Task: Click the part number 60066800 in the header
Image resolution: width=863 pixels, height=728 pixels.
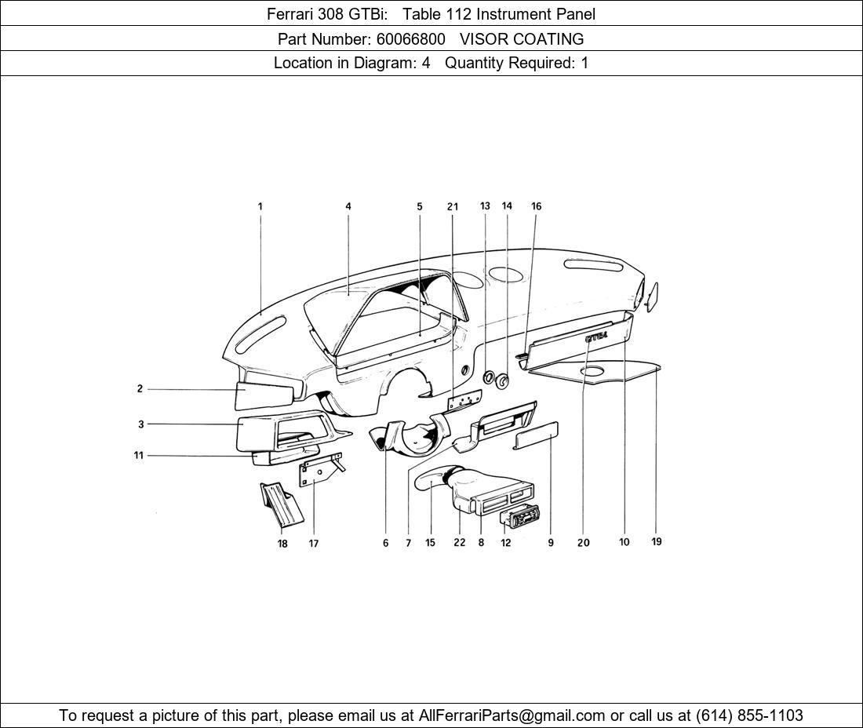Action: point(408,38)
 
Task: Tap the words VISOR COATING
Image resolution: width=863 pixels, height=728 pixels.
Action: point(522,38)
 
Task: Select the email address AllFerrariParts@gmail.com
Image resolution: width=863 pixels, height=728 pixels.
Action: point(512,715)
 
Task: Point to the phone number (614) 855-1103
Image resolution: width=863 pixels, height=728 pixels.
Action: point(749,715)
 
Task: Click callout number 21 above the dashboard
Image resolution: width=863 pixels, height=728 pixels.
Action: point(453,207)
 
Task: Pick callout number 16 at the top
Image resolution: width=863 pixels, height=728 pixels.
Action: point(536,206)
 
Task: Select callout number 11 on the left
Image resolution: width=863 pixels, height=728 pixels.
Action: point(139,455)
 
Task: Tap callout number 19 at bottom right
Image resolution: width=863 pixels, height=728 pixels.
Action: point(657,541)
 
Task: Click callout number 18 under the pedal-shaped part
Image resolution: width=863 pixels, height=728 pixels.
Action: point(282,544)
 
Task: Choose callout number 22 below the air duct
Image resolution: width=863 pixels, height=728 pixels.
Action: point(459,542)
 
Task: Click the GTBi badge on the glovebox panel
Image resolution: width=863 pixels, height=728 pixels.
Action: point(596,337)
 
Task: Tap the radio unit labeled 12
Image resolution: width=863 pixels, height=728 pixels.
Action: point(520,517)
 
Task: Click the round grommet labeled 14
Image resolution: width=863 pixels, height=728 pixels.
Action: point(502,382)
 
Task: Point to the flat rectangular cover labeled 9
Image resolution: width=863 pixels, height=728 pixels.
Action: point(535,435)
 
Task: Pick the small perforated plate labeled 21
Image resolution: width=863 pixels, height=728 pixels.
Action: point(463,401)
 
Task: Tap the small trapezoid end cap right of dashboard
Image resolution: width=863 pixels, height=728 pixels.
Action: point(652,297)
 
